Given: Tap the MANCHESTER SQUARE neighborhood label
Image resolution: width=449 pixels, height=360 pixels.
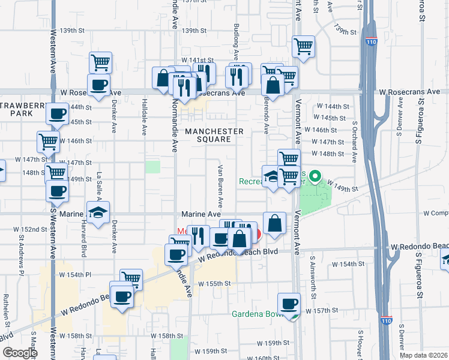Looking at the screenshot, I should [214, 136].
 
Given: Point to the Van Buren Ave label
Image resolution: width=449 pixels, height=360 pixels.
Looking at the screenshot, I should [220, 183].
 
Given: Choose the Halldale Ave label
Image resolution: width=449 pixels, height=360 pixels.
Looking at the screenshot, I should [145, 117].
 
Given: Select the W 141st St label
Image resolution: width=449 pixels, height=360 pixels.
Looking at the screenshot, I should [199, 60].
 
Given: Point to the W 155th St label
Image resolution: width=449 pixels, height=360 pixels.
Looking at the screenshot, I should [214, 283].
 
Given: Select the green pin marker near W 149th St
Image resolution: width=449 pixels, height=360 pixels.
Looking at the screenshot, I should [313, 178].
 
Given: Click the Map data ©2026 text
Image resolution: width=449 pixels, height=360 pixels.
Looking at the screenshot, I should [424, 355].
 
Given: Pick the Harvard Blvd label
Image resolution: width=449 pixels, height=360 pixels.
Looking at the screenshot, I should [83, 246].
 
